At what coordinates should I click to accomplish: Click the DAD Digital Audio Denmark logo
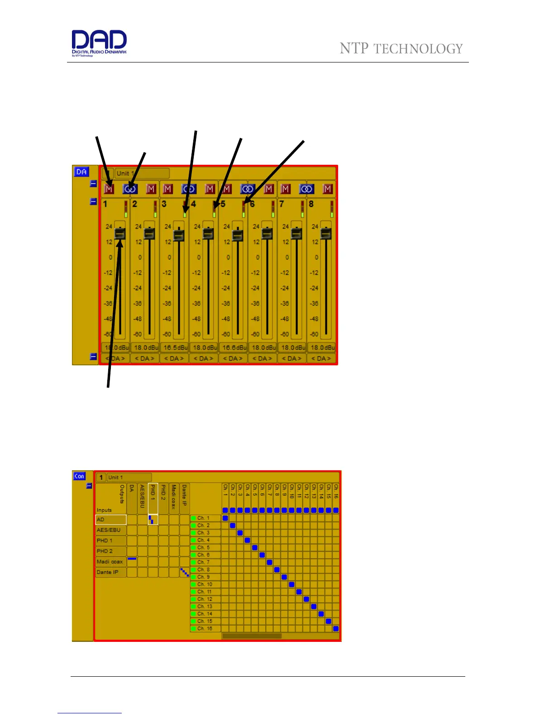click(x=99, y=42)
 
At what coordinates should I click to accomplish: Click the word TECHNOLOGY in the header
click(x=418, y=49)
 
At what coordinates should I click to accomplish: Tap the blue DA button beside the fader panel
click(x=81, y=172)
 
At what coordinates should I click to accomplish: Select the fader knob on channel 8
click(x=326, y=234)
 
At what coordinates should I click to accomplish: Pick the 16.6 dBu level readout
click(x=234, y=348)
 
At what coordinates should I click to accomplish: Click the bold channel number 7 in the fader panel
click(x=282, y=204)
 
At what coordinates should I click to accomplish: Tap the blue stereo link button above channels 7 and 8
click(x=306, y=189)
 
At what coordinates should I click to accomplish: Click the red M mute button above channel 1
click(x=109, y=189)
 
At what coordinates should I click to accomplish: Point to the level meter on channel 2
click(x=155, y=209)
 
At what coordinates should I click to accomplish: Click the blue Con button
click(x=79, y=476)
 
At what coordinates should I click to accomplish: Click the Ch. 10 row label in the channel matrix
click(x=205, y=584)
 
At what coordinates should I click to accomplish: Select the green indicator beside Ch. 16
click(x=193, y=628)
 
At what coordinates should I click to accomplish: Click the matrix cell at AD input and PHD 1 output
click(x=153, y=520)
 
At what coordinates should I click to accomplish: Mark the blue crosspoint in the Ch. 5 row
click(x=255, y=547)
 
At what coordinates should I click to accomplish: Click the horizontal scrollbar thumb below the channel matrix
click(x=252, y=636)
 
